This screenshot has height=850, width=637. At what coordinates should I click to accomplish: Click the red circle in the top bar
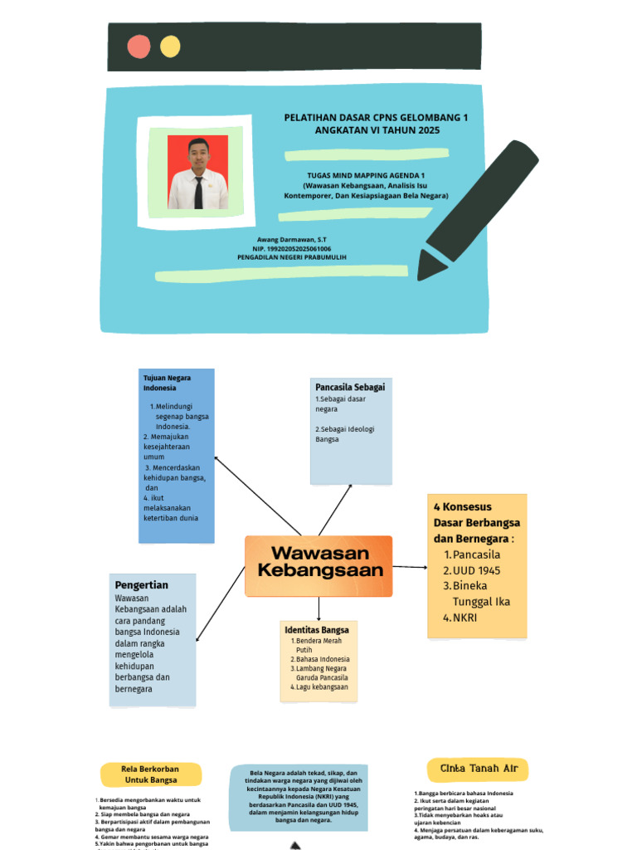click(139, 46)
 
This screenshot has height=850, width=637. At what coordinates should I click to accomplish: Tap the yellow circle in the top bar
click(170, 46)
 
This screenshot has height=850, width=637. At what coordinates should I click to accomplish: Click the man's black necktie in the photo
click(198, 192)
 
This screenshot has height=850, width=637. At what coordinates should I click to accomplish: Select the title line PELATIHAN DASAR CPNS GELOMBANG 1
click(376, 118)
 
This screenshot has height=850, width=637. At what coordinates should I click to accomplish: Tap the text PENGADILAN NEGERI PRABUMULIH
click(291, 257)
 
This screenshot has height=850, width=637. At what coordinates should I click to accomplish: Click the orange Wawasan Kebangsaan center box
click(319, 565)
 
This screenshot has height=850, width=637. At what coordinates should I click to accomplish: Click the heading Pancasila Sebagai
click(349, 387)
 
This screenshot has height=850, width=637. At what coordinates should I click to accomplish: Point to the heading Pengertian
click(141, 585)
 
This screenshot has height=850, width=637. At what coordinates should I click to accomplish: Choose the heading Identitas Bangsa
click(316, 630)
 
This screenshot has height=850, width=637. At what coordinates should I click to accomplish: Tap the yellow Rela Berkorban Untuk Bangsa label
click(150, 774)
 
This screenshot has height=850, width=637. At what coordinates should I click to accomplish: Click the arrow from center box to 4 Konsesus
click(410, 567)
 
